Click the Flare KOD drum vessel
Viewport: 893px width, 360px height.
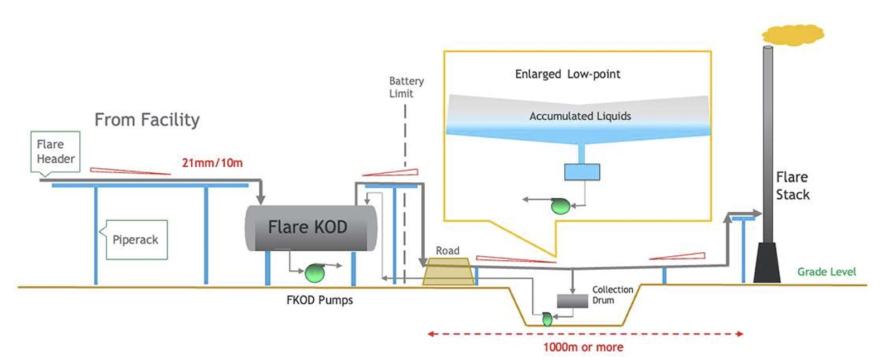click(310, 228)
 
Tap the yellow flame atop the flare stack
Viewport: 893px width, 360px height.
click(793, 35)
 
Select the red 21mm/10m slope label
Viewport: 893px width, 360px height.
click(212, 163)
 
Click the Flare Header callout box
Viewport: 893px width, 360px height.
click(55, 152)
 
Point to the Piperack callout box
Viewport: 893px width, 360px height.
click(135, 240)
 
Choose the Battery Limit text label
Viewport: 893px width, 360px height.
click(406, 87)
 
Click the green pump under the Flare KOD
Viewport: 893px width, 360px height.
click(315, 273)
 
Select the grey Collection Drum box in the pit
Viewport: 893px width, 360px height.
click(572, 301)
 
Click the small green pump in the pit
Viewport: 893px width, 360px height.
click(547, 319)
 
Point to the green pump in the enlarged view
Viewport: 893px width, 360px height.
click(560, 206)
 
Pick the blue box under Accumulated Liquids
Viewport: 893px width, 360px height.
click(582, 172)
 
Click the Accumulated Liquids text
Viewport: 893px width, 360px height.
click(580, 116)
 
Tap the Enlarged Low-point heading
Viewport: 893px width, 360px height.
click(567, 74)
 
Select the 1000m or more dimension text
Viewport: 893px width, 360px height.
click(583, 347)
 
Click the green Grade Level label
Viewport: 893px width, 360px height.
click(826, 272)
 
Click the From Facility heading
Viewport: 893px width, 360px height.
click(147, 120)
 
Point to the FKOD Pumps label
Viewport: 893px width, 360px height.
click(319, 300)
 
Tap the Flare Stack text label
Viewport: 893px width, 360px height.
click(792, 186)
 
